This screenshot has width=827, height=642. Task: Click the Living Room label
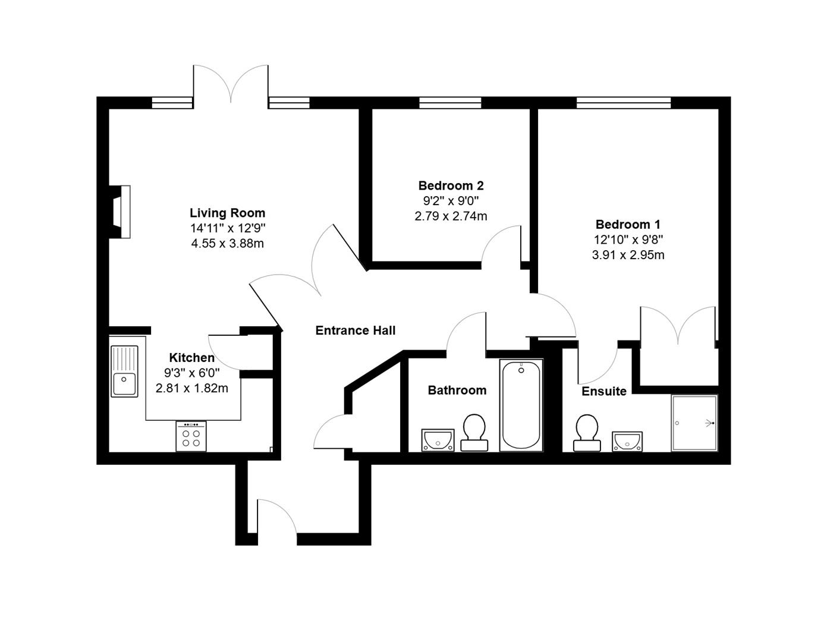(x=227, y=213)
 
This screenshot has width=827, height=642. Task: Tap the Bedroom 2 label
(x=451, y=185)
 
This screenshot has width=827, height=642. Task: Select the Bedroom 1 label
(x=628, y=224)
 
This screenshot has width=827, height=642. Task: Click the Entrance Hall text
(x=355, y=331)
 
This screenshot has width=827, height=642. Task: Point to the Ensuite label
(x=603, y=391)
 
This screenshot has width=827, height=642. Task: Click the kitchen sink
(x=124, y=372)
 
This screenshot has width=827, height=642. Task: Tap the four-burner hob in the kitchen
(x=191, y=436)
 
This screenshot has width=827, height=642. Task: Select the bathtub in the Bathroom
(x=521, y=405)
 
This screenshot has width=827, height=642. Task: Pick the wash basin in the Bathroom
(x=438, y=440)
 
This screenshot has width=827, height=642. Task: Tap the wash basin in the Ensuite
(x=627, y=441)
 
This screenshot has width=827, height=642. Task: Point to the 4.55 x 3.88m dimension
(x=227, y=243)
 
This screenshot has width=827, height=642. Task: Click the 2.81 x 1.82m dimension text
(x=191, y=388)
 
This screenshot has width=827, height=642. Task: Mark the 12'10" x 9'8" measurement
(x=628, y=240)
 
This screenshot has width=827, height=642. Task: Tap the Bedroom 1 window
(x=623, y=103)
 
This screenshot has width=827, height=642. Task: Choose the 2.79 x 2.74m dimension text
(x=451, y=216)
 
